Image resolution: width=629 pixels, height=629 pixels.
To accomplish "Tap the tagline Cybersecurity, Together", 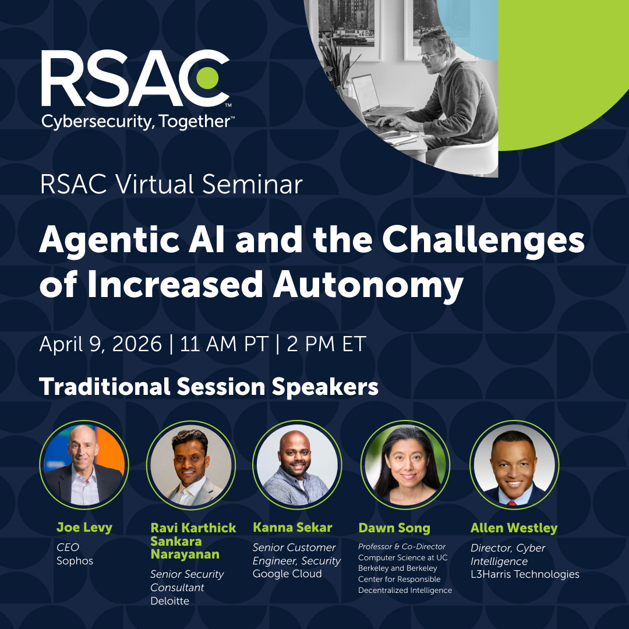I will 137,121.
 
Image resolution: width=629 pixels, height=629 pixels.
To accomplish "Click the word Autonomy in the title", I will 369,285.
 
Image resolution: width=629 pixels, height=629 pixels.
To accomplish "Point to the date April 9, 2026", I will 100,344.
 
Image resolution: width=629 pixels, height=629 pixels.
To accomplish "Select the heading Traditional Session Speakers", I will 209,387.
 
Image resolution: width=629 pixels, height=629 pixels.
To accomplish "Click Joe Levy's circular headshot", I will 84,464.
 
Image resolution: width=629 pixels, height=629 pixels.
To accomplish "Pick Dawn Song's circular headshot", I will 405,464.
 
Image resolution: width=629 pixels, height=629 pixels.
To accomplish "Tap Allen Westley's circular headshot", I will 514,464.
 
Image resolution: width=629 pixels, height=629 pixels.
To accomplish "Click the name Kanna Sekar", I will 292,528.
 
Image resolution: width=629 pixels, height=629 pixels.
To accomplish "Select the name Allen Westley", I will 514,528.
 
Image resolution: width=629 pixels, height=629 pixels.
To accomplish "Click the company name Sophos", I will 75,561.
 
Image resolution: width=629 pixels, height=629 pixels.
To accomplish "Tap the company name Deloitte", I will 169,601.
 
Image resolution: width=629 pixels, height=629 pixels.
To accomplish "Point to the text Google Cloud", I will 287,574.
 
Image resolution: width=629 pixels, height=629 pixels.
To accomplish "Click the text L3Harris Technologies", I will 525,574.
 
